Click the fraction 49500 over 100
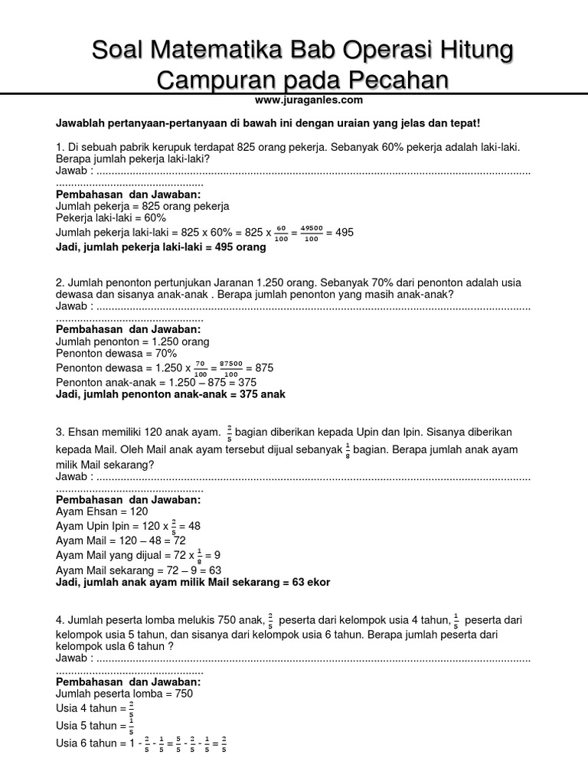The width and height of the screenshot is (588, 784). [x=310, y=233]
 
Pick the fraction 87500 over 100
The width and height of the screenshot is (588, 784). [x=230, y=368]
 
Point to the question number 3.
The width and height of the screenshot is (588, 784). [x=59, y=433]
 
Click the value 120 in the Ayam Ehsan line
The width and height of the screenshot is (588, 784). [x=139, y=511]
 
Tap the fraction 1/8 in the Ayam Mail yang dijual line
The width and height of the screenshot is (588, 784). [x=200, y=555]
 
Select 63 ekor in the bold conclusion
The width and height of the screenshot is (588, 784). [x=305, y=582]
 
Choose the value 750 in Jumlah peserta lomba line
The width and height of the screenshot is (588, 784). [x=181, y=694]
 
